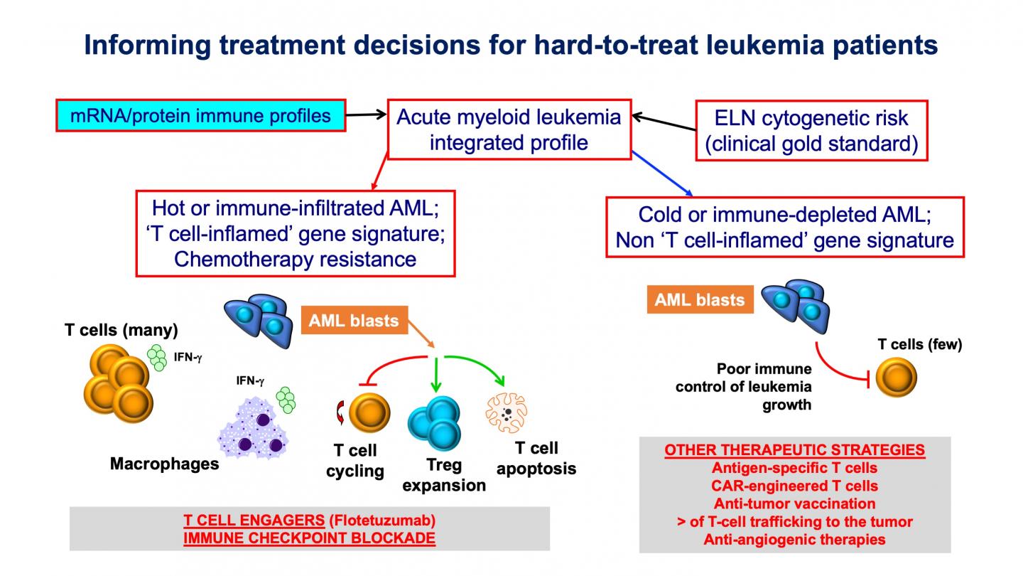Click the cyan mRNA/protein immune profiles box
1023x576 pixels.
tap(201, 115)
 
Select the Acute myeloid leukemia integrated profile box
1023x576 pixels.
tap(508, 129)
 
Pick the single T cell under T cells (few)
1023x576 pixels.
tap(895, 378)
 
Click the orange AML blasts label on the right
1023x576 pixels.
tap(700, 299)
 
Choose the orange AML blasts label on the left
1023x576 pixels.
tap(353, 321)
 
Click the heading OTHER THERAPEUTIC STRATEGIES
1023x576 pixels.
tap(794, 450)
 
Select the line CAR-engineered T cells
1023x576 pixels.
tap(794, 486)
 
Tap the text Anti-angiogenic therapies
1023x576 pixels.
tap(794, 539)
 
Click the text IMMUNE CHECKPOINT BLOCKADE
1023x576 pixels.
tap(309, 538)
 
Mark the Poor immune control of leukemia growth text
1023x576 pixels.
tap(764, 387)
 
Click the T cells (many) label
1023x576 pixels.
tap(121, 330)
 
